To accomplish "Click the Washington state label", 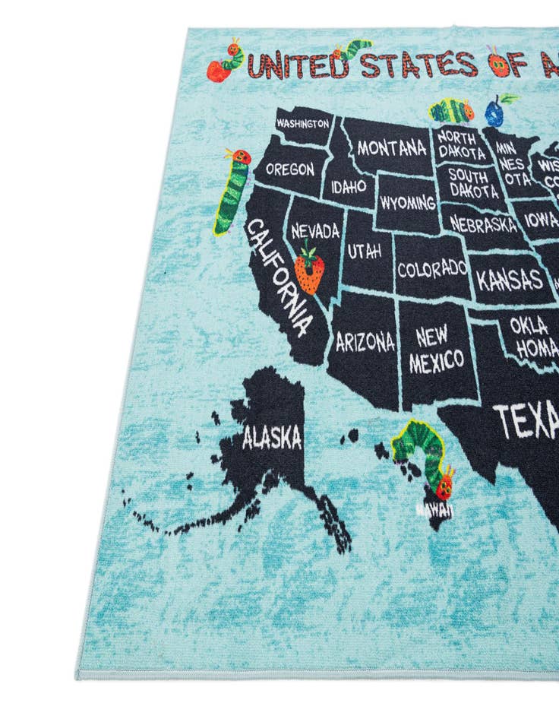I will tap(302, 122).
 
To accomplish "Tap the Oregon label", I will tap(289, 169).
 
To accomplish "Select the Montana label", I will tap(390, 147).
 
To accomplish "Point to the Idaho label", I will tap(349, 185).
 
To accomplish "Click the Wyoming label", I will tap(408, 203).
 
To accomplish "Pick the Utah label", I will tap(364, 251).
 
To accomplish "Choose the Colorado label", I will tap(431, 268).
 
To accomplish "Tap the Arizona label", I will tap(365, 341).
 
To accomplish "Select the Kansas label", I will tap(510, 280).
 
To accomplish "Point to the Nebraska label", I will tap(482, 224).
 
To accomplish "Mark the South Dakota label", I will tap(472, 183).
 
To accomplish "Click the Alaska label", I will tap(271, 437).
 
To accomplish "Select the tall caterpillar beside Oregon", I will tap(231, 191).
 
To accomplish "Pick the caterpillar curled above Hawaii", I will tap(426, 456).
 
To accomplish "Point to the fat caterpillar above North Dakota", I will tap(451, 111).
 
